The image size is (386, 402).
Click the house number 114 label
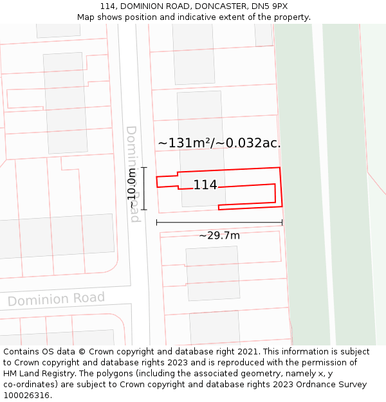205,185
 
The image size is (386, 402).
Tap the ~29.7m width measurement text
219,235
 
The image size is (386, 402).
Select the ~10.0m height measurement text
133,188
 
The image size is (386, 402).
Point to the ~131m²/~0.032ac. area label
219,143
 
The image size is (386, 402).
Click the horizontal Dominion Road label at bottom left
56,299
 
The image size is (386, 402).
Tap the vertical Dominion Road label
133,174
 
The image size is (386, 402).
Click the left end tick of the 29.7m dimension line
157,223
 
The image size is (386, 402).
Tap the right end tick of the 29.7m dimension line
282,223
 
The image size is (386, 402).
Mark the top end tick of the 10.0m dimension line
144,167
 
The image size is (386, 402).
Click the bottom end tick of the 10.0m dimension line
144,210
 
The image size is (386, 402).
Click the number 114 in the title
108,6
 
